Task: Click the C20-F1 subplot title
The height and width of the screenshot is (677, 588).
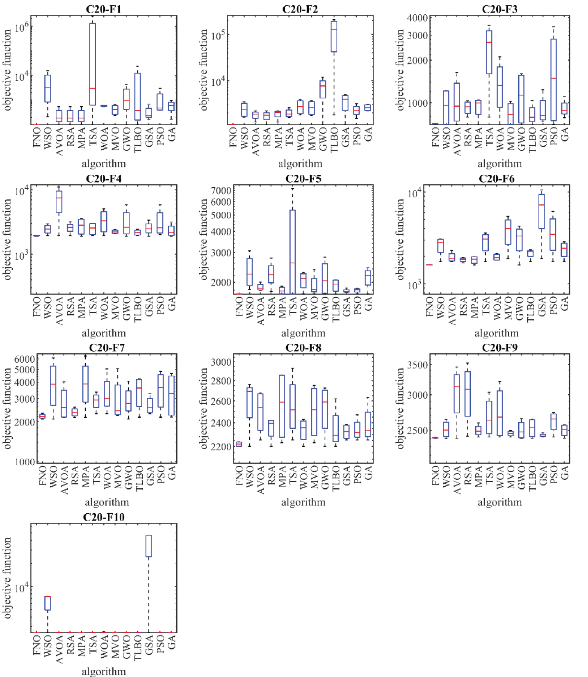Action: [x=103, y=9]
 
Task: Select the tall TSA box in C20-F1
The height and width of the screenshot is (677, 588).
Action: [x=92, y=64]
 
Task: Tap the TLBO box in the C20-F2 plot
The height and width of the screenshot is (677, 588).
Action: [x=334, y=37]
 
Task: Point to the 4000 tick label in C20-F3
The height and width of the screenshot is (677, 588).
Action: [x=417, y=18]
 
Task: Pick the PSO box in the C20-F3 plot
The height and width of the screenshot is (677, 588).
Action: [x=554, y=80]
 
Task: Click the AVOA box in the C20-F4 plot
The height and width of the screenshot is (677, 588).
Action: [x=59, y=201]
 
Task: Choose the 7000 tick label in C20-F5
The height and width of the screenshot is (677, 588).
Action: [x=221, y=190]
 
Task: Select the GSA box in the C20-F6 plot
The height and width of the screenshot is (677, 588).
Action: [x=542, y=211]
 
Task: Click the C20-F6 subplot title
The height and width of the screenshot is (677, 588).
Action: [x=496, y=178]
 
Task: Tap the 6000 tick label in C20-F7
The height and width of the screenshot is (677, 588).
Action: [x=25, y=359]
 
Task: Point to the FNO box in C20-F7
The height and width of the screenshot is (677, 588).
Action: [x=42, y=416]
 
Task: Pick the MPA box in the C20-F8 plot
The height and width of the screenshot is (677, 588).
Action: [x=282, y=406]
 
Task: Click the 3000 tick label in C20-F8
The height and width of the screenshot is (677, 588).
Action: [x=221, y=362]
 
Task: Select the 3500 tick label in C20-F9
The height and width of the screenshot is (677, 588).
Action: [x=417, y=365]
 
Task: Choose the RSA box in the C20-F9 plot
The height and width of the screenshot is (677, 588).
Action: [x=467, y=394]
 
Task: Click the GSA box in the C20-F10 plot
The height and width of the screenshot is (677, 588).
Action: [x=148, y=546]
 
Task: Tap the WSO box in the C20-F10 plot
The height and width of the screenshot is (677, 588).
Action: [x=48, y=603]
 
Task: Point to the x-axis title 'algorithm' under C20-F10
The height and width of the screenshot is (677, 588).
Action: [x=104, y=671]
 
